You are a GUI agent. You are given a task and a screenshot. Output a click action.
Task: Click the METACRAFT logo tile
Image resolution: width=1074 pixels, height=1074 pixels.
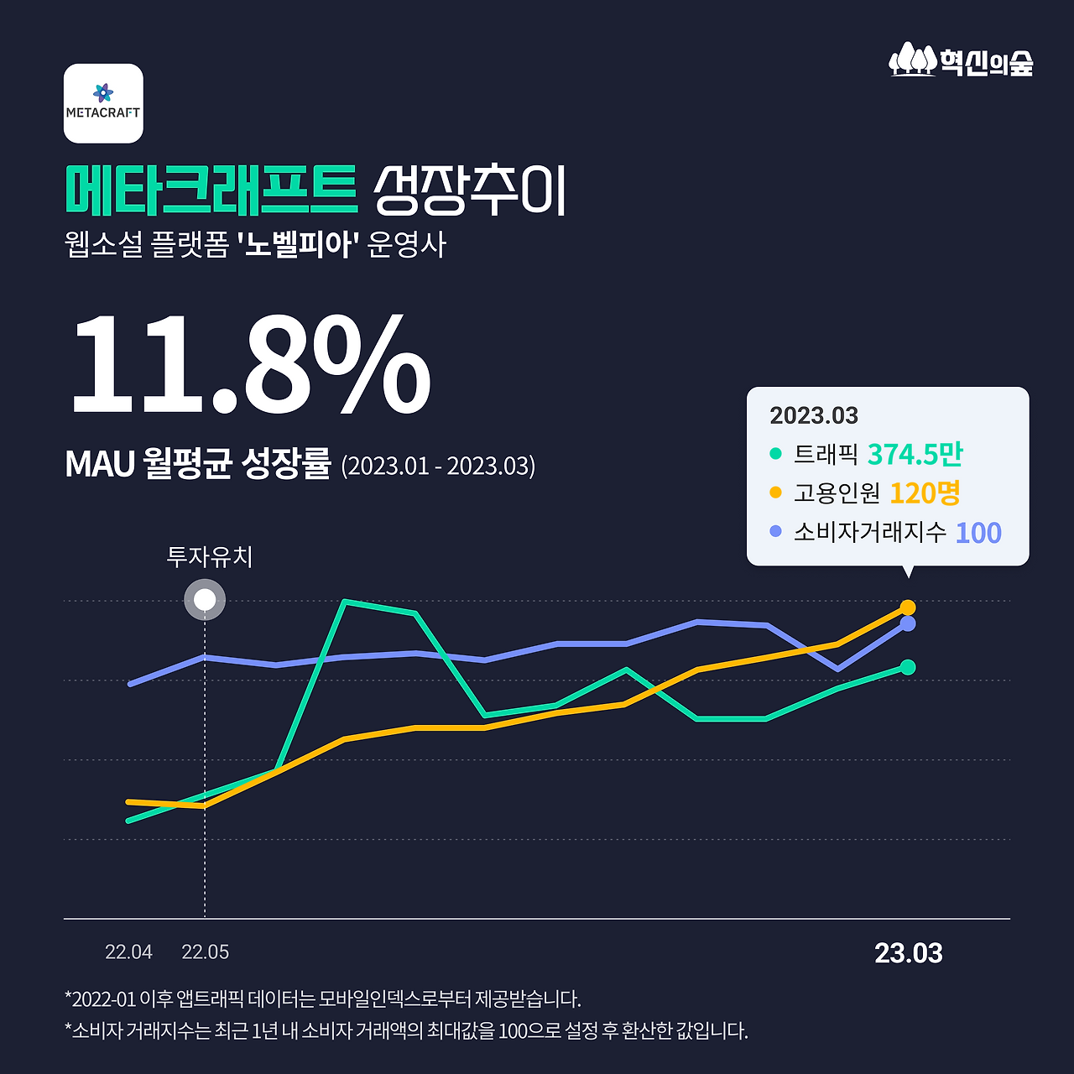tap(103, 103)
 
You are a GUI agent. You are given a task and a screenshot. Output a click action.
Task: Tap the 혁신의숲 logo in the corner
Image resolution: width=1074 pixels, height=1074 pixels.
tap(962, 60)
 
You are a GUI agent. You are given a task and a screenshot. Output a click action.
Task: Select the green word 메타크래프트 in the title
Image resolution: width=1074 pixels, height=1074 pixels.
tap(211, 190)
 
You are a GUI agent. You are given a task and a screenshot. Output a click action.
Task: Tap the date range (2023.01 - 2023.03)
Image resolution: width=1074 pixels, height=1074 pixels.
tap(438, 466)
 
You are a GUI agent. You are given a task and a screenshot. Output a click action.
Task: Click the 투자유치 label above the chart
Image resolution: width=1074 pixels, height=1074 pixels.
tap(210, 556)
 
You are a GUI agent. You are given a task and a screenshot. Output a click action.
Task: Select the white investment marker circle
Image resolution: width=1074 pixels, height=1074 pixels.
tap(205, 600)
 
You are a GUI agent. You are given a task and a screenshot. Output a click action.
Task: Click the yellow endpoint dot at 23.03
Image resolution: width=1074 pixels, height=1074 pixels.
tap(907, 607)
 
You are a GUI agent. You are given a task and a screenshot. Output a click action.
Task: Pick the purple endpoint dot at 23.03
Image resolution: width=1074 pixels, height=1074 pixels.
tap(907, 623)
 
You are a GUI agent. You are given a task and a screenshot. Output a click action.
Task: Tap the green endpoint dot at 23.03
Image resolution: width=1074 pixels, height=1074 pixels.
tap(907, 667)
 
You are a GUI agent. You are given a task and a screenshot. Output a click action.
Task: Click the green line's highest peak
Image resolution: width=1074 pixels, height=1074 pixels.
tap(345, 602)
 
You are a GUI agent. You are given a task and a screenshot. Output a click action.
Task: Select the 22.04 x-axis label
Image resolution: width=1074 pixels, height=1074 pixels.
tap(128, 952)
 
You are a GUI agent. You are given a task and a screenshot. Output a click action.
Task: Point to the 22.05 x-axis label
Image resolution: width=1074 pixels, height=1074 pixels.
tap(206, 952)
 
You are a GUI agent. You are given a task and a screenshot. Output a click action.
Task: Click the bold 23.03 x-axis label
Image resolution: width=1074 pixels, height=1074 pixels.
tap(909, 953)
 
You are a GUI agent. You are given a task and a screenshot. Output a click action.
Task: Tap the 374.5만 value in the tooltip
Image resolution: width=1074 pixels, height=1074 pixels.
tap(915, 454)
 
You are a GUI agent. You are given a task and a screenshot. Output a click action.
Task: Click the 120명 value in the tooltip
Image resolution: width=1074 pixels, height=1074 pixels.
tap(925, 493)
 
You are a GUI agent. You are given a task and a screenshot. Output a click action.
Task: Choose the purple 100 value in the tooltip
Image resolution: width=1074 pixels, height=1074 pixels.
tap(978, 533)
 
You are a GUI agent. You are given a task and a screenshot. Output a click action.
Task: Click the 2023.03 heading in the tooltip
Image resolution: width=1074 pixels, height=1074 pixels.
tap(814, 415)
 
